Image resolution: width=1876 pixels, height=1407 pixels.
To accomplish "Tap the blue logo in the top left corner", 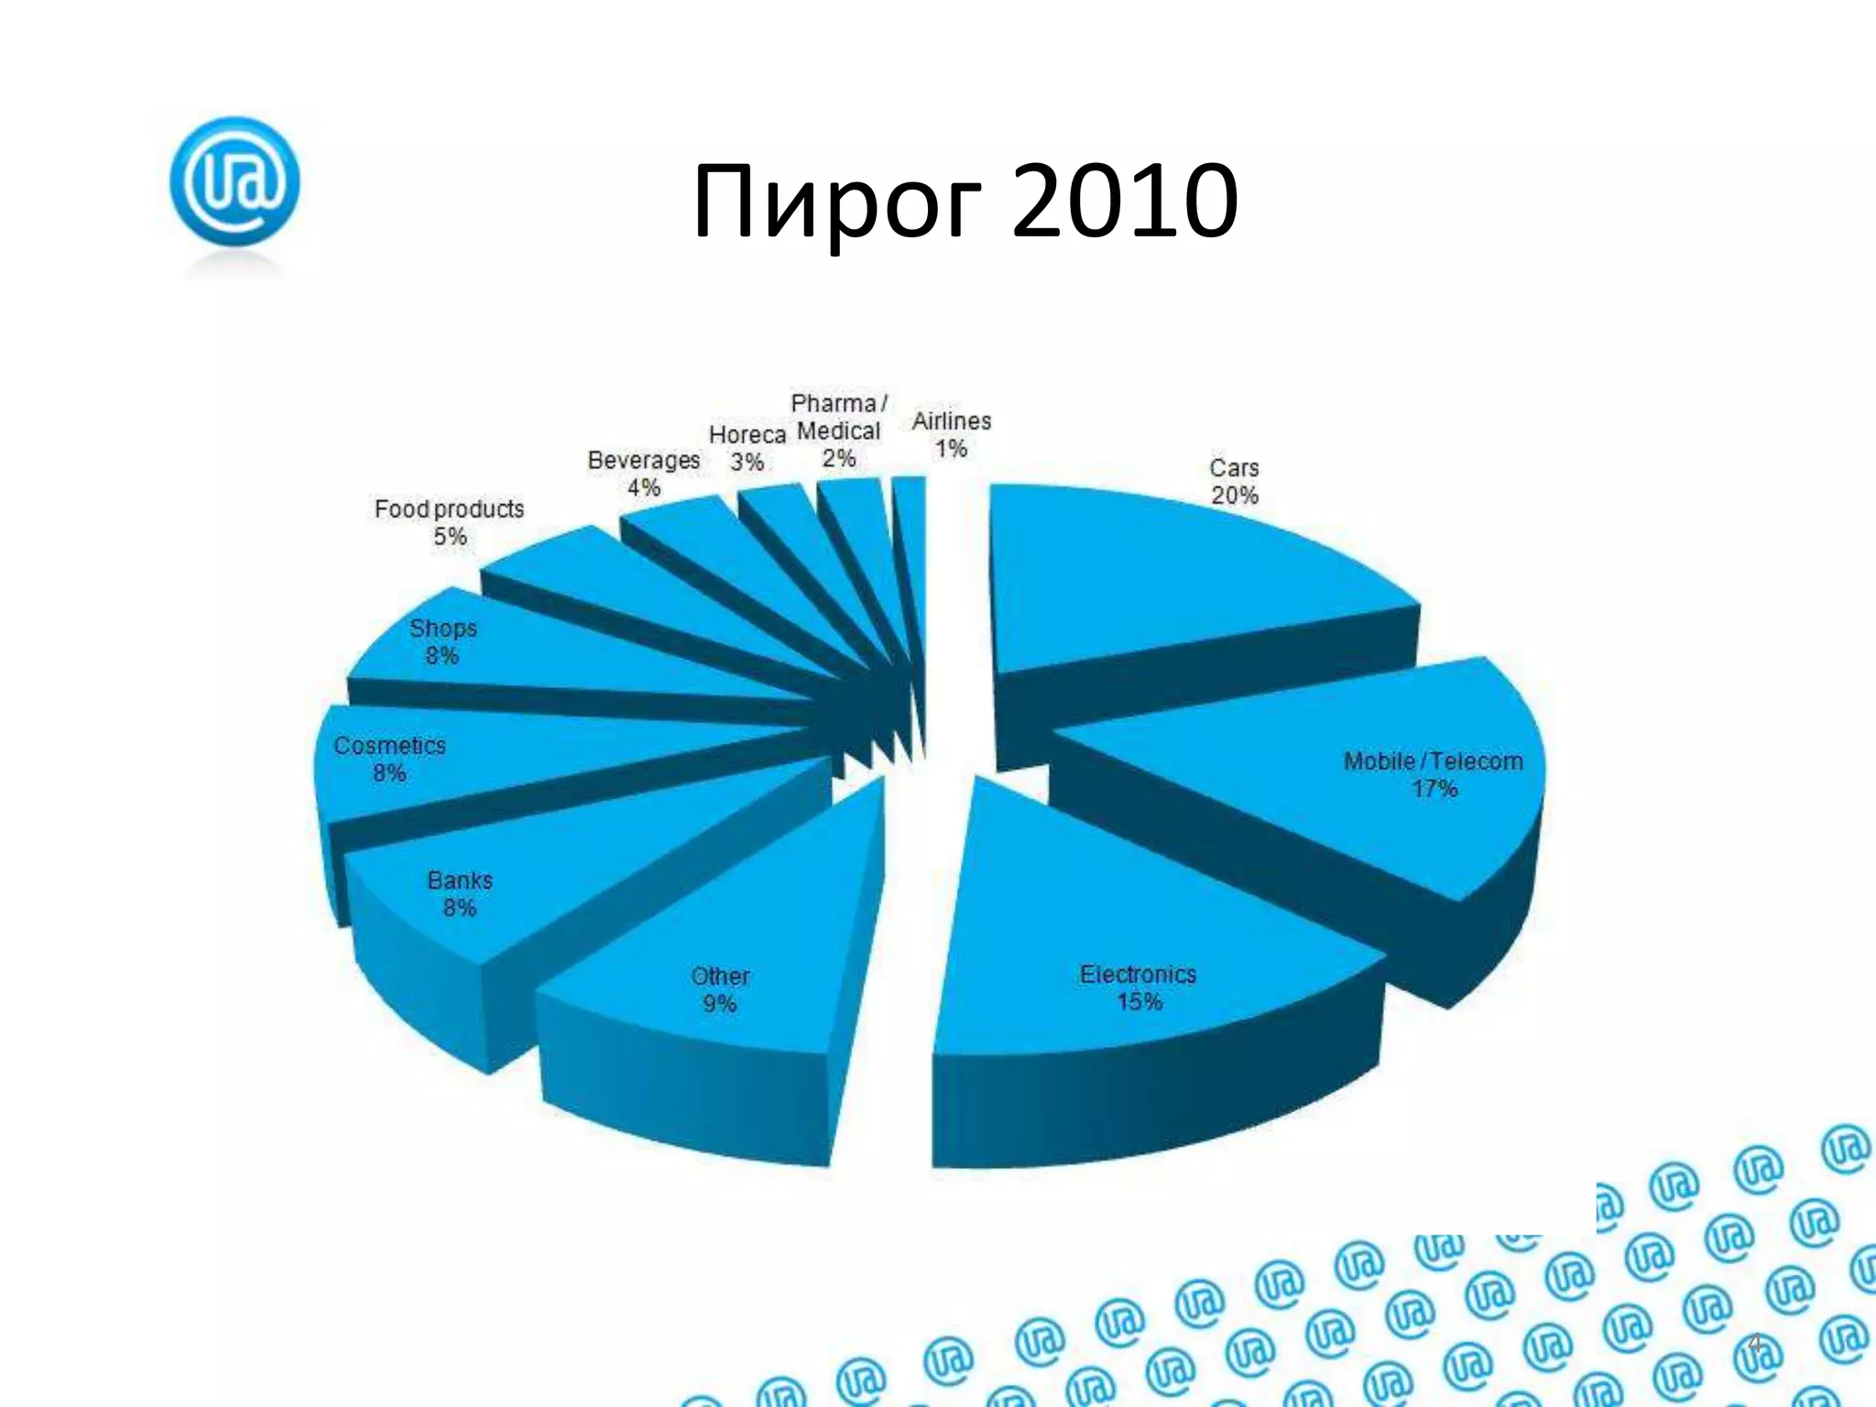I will pyautogui.click(x=235, y=181).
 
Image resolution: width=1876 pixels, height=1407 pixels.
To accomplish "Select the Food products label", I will pyautogui.click(x=449, y=509).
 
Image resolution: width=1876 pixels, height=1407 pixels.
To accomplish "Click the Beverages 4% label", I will pyautogui.click(x=643, y=473).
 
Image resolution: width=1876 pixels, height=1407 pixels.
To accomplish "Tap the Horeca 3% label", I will pyautogui.click(x=747, y=448).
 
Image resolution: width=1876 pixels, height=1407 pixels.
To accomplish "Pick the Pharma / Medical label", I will pyautogui.click(x=838, y=431).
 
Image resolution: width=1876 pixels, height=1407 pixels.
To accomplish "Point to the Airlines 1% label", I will pyautogui.click(x=952, y=434).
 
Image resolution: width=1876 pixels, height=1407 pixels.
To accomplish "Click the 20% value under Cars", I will pyautogui.click(x=1234, y=496).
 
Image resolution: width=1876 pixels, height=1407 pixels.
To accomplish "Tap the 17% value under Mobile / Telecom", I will pyautogui.click(x=1434, y=789).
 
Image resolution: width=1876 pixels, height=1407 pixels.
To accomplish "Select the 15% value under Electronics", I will pyautogui.click(x=1139, y=1001).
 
